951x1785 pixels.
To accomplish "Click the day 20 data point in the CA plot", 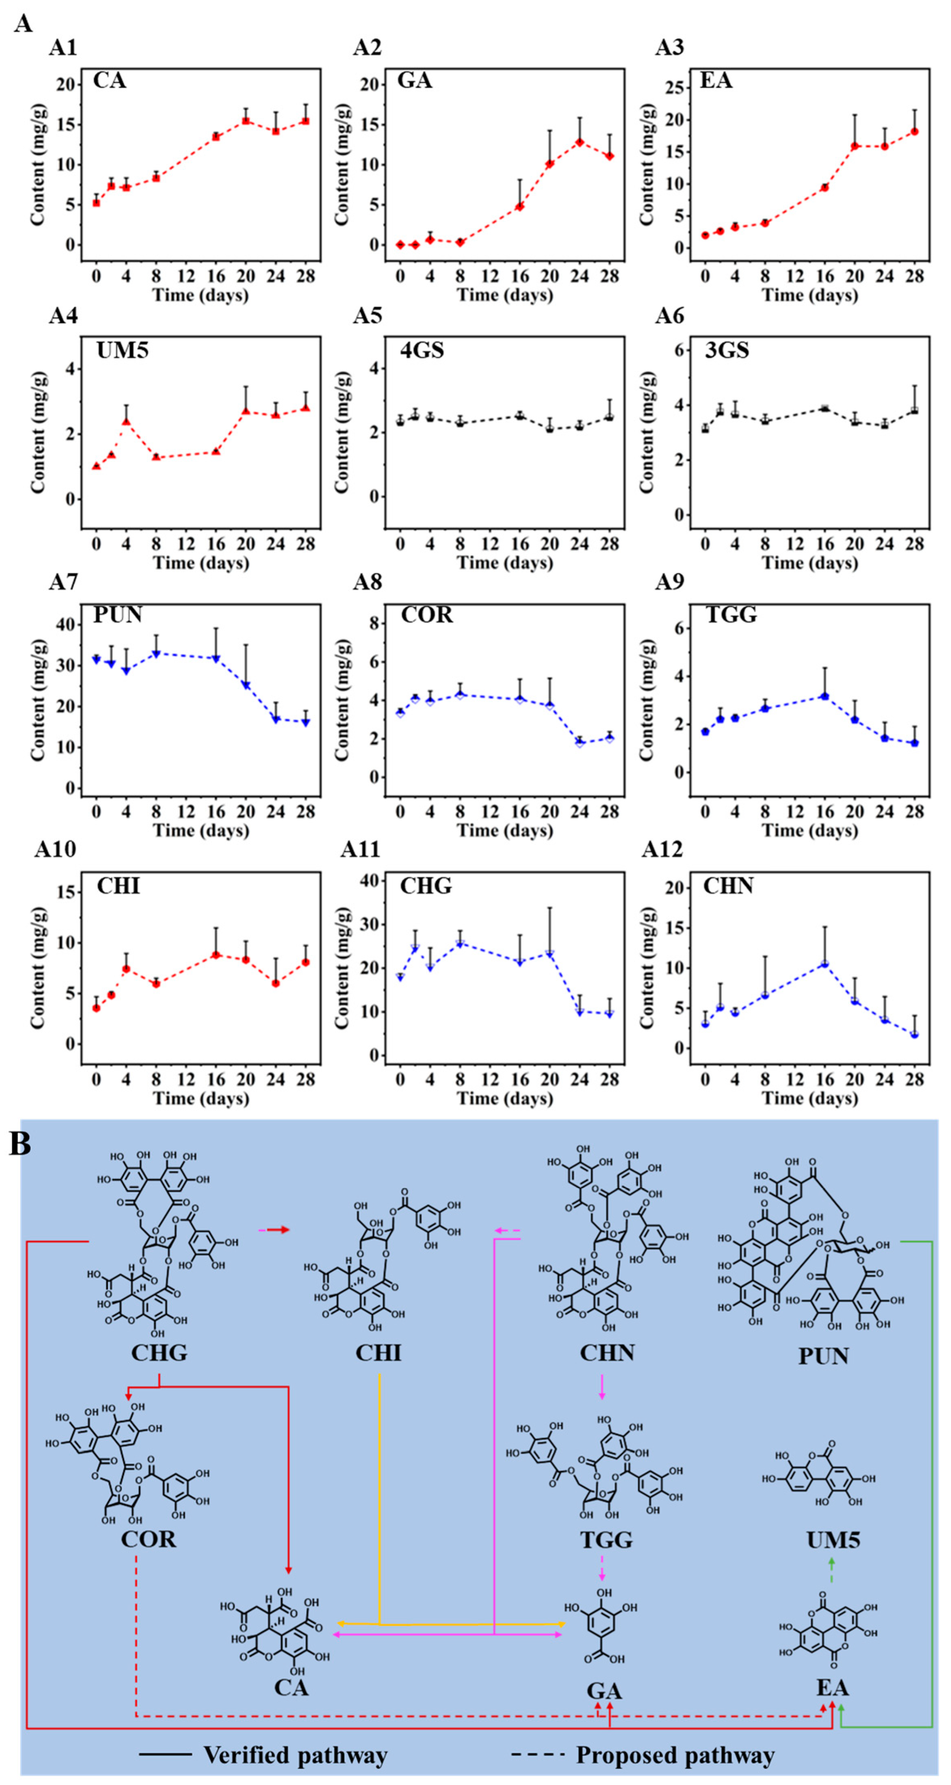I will pos(245,120).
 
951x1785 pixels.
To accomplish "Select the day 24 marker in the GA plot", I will pos(579,142).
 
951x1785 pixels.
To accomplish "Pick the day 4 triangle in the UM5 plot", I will pos(126,421).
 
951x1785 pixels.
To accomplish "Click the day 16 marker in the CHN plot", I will pos(824,964).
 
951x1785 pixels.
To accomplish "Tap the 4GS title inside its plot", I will pos(422,350).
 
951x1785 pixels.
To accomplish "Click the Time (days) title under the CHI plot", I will pos(200,1098).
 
